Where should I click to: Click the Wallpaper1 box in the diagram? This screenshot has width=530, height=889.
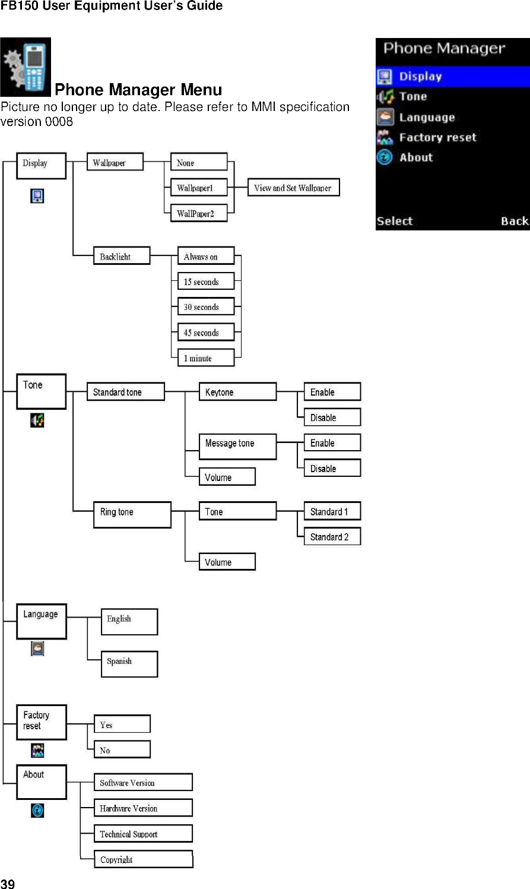pos(198,188)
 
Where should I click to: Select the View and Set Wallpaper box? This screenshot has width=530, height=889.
pos(293,188)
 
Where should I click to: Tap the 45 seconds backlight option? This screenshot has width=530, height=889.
pos(205,333)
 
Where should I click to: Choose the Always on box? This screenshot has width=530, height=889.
pos(205,257)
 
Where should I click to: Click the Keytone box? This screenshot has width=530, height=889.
pos(237,392)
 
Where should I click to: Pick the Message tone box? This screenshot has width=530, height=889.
pos(237,446)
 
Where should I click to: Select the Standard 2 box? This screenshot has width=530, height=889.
pos(332,537)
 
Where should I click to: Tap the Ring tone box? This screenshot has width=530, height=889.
pos(132,514)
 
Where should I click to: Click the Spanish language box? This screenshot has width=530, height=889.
pos(129,664)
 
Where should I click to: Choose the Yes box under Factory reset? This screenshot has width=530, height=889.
pos(122,725)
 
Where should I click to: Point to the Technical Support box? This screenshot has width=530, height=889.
pos(143,834)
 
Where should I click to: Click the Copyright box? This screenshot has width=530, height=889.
pos(143,859)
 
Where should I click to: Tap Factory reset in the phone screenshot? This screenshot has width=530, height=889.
pos(437,138)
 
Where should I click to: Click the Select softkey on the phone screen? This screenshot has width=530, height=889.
pos(394,222)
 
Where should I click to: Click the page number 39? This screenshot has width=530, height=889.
pos(8,883)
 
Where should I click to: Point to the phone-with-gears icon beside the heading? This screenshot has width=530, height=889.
pos(26,67)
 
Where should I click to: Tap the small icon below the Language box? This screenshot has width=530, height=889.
pos(37,648)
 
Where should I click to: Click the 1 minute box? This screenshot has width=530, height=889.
pos(205,358)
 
